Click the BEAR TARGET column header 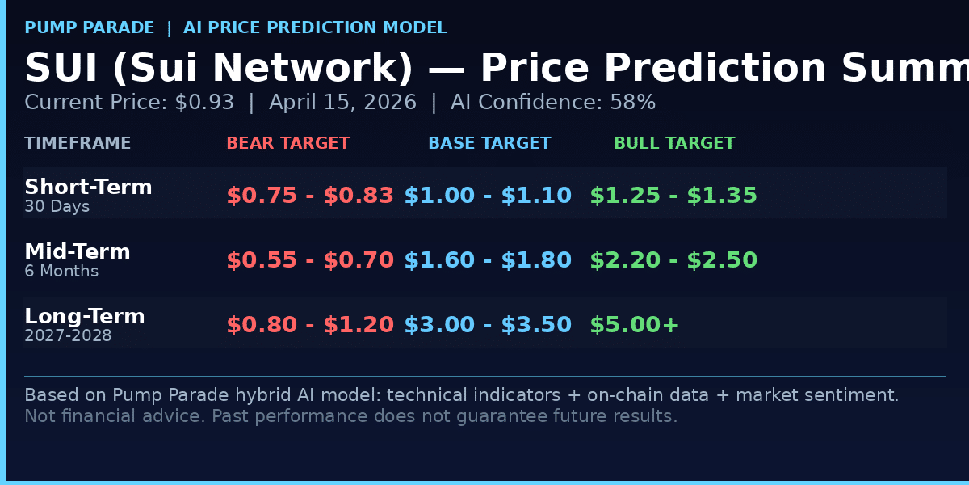click(287, 144)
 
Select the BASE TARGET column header click(489, 144)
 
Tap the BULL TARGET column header click(674, 144)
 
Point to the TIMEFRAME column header click(78, 144)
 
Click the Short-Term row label click(88, 188)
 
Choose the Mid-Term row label click(78, 252)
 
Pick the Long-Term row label click(85, 317)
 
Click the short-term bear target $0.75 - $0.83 click(310, 196)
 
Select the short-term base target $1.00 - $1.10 click(488, 196)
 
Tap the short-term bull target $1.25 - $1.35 click(673, 196)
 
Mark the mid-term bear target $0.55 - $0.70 click(310, 260)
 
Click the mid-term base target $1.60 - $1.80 click(488, 260)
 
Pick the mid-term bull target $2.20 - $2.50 click(673, 260)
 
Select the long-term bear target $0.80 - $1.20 click(310, 325)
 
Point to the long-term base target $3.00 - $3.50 click(488, 325)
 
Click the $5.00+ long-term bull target click(635, 325)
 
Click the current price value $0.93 click(204, 103)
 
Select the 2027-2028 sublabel click(68, 336)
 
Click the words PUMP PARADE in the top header click(90, 28)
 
